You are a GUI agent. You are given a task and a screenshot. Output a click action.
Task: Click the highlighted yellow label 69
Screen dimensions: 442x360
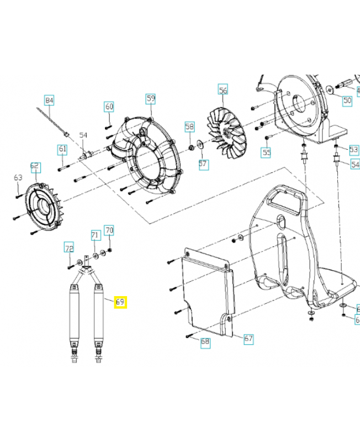120,302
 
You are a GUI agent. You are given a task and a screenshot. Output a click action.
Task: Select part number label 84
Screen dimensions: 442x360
49,101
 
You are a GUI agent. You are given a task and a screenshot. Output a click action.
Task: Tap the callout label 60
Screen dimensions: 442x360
109,106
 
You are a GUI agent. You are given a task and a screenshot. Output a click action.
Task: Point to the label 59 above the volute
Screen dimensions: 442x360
151,98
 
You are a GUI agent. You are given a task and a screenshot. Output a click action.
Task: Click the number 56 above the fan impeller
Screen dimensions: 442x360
223,90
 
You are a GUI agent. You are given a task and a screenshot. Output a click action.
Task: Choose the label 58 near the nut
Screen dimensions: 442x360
190,127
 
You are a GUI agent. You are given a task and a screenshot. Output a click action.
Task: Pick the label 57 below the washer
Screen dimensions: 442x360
203,164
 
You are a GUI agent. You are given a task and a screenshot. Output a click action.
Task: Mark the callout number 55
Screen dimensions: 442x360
267,152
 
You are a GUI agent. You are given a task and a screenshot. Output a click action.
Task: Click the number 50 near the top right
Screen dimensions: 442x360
347,101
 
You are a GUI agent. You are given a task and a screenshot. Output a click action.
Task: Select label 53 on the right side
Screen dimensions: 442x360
354,149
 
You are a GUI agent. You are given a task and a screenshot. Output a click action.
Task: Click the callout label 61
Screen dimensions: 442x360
62,149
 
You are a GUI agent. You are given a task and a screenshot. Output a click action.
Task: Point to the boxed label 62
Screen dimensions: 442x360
35,165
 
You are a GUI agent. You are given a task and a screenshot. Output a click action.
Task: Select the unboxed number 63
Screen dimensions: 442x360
18,177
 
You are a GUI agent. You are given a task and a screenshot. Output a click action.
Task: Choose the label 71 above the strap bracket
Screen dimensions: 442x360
95,235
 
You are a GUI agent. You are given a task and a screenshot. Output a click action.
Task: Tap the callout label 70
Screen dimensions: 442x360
109,230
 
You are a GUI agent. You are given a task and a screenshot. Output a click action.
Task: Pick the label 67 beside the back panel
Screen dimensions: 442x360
248,338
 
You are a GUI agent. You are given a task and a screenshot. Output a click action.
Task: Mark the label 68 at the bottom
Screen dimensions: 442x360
205,342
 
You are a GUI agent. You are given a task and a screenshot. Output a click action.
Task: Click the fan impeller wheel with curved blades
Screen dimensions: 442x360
224,130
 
